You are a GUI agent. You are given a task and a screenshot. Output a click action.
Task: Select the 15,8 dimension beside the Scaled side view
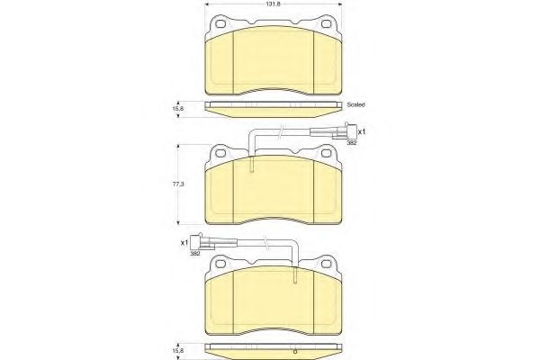(x=178, y=107)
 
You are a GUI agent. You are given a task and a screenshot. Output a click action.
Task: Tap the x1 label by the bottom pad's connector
(x=184, y=243)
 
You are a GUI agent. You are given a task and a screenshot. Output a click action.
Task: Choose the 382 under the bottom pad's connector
(x=193, y=255)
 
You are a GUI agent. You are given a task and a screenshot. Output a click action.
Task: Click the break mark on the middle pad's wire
(x=282, y=132)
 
